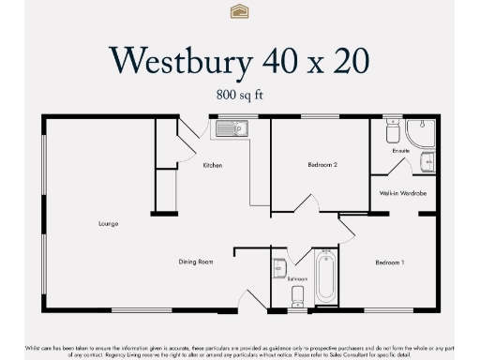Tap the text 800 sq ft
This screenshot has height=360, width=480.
239,94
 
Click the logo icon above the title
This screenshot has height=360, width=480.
239,11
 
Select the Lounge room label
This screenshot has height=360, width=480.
106,224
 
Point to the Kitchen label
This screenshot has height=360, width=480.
212,166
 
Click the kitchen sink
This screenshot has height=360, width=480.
231,128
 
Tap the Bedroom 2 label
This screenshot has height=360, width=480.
322,165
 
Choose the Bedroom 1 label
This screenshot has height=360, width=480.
389,262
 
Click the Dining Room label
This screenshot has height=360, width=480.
196,262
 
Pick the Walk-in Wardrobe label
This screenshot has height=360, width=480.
403,193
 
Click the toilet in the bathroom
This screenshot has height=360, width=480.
298,297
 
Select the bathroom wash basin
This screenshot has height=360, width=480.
279,269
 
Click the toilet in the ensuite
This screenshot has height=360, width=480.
392,131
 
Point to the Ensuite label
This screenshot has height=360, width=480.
401,150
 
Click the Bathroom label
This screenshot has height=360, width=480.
298,279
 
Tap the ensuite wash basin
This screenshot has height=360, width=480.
427,162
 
